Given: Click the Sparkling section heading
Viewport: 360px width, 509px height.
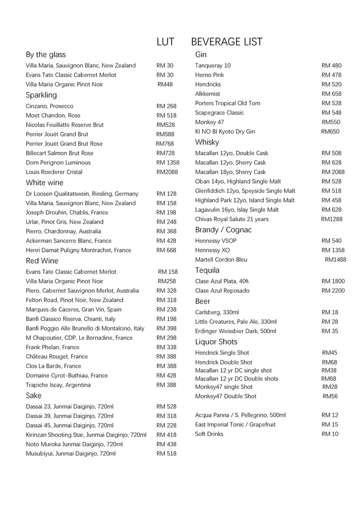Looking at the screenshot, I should coord(41,95).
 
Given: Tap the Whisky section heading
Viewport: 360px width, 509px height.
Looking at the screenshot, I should coord(207,142).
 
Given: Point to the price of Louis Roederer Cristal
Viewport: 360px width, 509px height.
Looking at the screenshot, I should coord(167,172).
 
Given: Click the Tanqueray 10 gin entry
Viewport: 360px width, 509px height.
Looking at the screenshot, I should coord(213,65).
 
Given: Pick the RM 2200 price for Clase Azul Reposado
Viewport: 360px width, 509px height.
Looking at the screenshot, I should coord(333,290).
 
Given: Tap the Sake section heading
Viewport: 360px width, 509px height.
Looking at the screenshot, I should coord(33,395).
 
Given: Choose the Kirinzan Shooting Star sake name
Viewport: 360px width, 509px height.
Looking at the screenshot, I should coord(86,434).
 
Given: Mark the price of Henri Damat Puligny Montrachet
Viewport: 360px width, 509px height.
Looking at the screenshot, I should coord(166,250).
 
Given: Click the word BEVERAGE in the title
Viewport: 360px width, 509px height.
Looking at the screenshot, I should coord(215,42).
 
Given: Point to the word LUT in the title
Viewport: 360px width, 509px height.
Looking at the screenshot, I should coord(165,42).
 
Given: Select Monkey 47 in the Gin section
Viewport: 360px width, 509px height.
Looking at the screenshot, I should coord(209,122).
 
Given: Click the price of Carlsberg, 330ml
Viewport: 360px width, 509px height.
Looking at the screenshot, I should coord(330,312).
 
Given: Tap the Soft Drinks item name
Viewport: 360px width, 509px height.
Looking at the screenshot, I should coord(209,434).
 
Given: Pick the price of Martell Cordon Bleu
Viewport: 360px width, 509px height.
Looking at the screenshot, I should coord(335,260).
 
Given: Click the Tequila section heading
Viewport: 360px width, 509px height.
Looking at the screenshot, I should coord(207,270).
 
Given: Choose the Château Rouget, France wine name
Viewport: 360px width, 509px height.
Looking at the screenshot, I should coord(57,356).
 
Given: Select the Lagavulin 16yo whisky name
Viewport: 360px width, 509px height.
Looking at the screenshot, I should coord(237,209).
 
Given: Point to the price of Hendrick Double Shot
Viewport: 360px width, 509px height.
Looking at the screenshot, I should coord(329,362).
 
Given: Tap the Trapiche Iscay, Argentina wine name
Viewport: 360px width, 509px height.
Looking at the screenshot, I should coord(58,385).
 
